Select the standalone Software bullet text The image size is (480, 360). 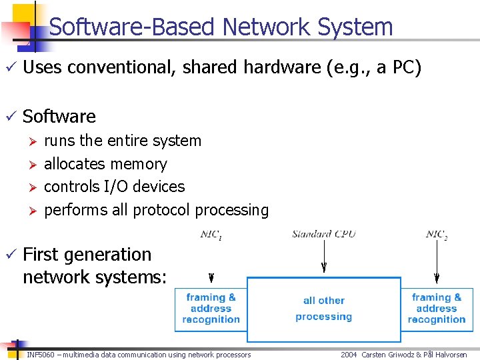(x=59, y=117)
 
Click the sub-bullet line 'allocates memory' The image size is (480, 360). (x=105, y=164)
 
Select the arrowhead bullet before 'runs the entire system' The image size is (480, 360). (x=29, y=141)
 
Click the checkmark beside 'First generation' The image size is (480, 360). (x=9, y=255)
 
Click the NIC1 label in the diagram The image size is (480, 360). (x=212, y=234)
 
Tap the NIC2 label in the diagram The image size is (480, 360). (x=436, y=234)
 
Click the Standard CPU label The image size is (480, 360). (x=324, y=234)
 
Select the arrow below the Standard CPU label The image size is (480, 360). (x=324, y=257)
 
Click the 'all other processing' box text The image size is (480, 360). (x=324, y=309)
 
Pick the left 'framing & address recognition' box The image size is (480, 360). (x=211, y=309)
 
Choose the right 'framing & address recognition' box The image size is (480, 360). (x=437, y=309)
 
